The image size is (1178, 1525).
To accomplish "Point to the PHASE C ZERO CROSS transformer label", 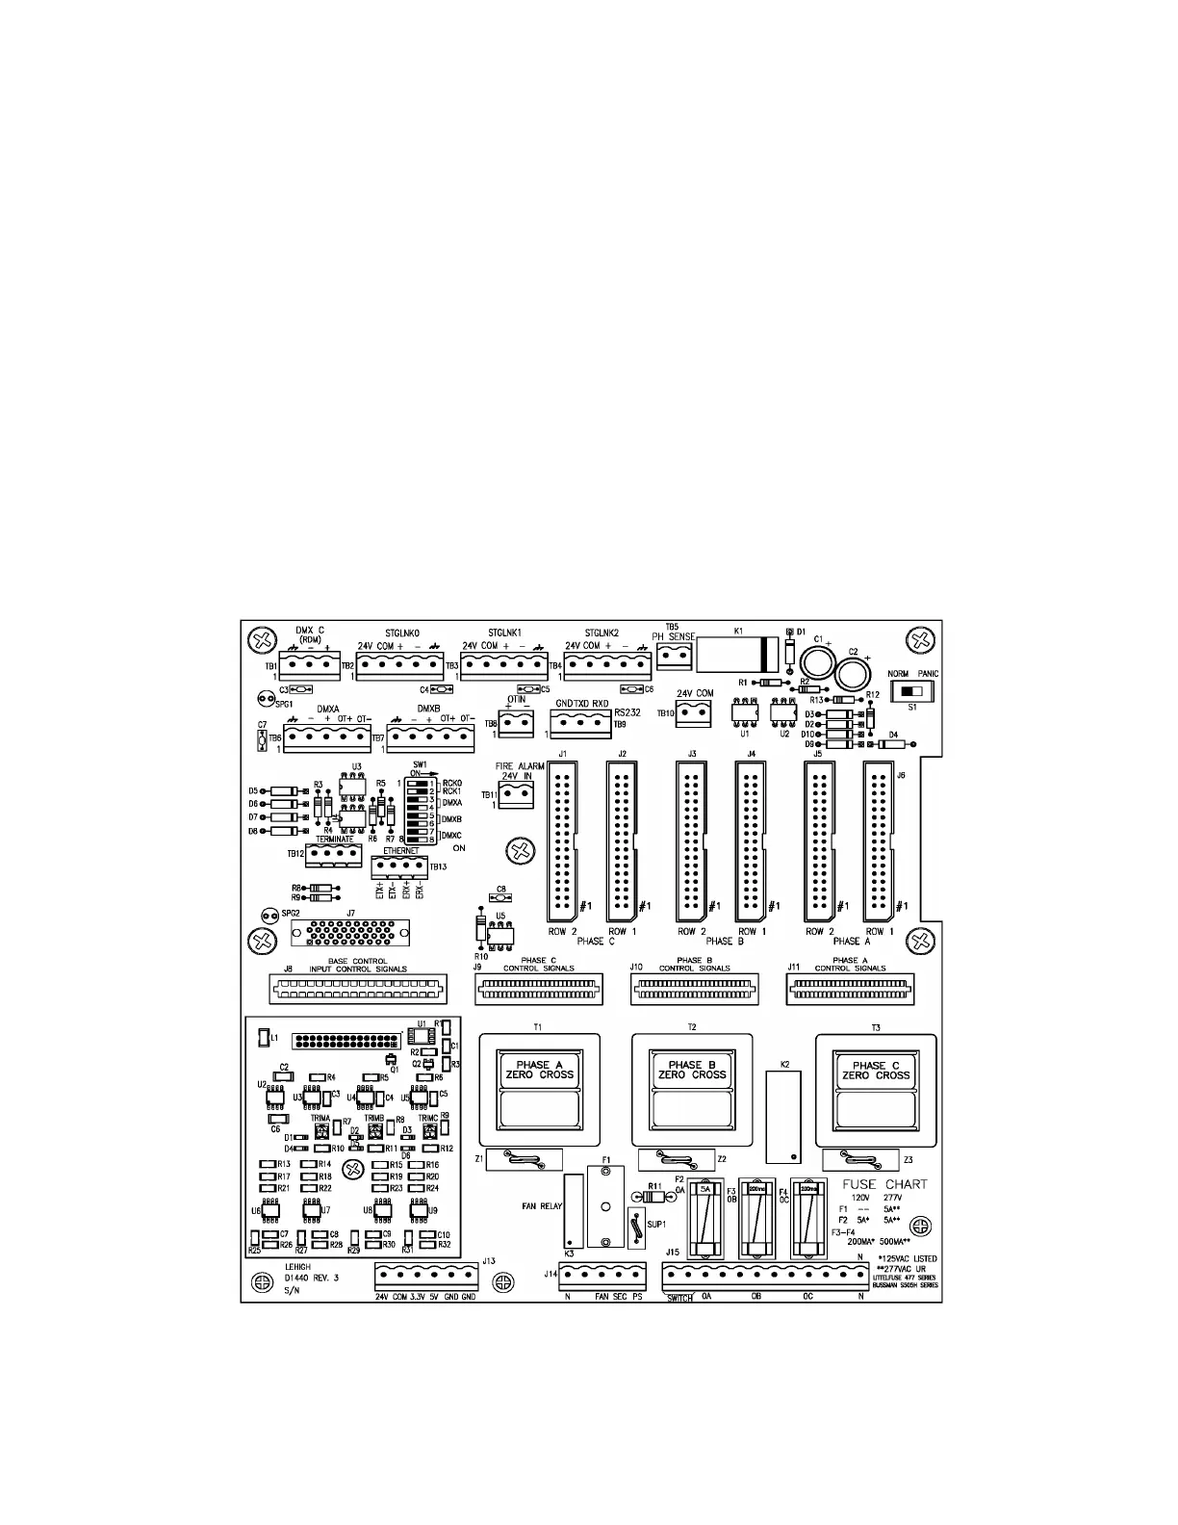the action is click(x=876, y=1070).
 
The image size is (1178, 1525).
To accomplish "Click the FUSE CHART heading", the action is click(x=884, y=1183).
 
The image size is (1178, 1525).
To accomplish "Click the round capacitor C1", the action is click(x=819, y=662).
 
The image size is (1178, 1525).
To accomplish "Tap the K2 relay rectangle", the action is click(x=784, y=1116).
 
